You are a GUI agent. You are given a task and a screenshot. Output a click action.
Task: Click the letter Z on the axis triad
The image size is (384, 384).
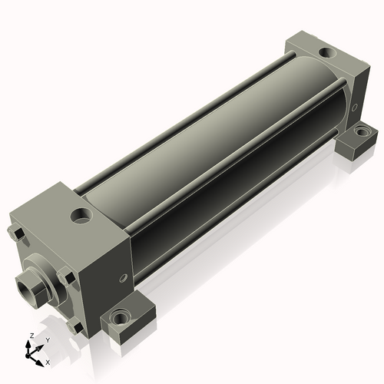[32, 336]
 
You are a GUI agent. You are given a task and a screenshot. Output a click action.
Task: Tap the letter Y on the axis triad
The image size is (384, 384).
[48, 340]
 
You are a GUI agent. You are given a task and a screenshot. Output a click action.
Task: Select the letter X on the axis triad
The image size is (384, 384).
[48, 362]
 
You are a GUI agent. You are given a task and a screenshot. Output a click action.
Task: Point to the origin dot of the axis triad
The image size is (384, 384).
[28, 356]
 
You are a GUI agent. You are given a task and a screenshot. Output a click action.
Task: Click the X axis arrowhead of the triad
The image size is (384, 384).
[39, 362]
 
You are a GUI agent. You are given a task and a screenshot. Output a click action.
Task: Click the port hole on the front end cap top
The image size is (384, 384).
[81, 215]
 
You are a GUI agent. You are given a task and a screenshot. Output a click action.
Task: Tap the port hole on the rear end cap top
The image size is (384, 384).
[327, 52]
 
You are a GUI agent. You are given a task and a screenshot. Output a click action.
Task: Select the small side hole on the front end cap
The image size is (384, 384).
[124, 278]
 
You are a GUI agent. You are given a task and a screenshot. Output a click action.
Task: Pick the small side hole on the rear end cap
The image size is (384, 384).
[355, 108]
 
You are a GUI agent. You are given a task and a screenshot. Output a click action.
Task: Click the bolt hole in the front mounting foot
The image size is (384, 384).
[119, 317]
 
